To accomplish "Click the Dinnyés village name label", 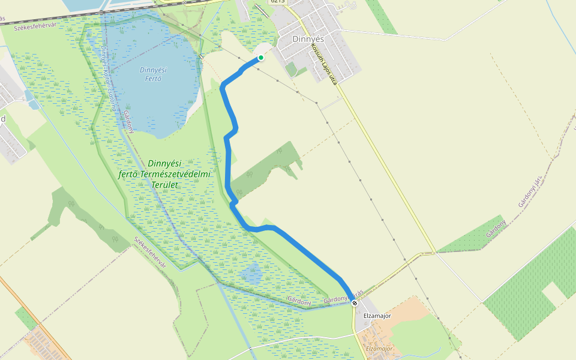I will pyautogui.click(x=308, y=38).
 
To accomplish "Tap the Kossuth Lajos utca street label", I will pyautogui.click(x=325, y=62).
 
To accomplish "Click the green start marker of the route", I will pyautogui.click(x=261, y=58).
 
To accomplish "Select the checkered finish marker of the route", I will pyautogui.click(x=355, y=303).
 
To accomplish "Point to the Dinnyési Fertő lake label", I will pyautogui.click(x=153, y=74).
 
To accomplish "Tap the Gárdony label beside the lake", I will pyautogui.click(x=128, y=122).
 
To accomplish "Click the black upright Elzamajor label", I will pyautogui.click(x=377, y=316).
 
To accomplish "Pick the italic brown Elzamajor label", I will pyautogui.click(x=379, y=349).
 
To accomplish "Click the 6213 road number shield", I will pyautogui.click(x=278, y=1).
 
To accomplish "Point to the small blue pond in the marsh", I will pyautogui.click(x=251, y=274).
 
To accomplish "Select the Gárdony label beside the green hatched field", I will pyautogui.click(x=496, y=229).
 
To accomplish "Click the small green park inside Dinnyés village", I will pyautogui.click(x=292, y=69).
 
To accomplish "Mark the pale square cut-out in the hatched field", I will pyautogui.click(x=553, y=293).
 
